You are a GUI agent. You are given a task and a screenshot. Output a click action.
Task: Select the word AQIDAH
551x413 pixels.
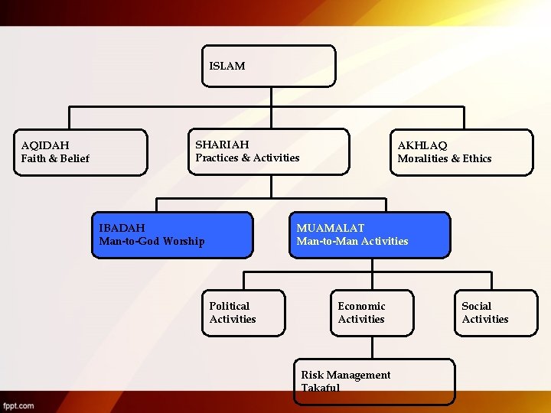(x=45, y=145)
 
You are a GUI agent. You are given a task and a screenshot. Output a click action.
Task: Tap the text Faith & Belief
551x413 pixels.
(x=55, y=158)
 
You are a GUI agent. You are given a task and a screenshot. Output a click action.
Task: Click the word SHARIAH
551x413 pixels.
(x=222, y=145)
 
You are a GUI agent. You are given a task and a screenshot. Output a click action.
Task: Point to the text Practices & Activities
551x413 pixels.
(x=247, y=158)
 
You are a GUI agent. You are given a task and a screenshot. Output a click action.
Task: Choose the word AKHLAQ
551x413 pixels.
(x=422, y=145)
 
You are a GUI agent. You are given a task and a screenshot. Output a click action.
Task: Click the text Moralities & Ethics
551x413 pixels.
(x=445, y=158)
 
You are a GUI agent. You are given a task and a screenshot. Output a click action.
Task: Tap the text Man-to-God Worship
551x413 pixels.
(x=152, y=242)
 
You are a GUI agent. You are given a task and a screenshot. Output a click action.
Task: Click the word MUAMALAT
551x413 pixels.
(x=331, y=228)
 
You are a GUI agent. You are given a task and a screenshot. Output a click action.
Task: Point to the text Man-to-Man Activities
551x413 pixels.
(x=352, y=242)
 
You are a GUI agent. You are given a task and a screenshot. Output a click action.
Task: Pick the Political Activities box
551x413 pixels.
(x=243, y=313)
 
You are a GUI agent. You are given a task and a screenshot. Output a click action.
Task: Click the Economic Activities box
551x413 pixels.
(x=372, y=313)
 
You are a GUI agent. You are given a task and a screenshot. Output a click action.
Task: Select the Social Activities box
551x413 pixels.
(x=496, y=313)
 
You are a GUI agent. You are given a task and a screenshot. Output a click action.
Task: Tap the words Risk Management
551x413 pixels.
(x=345, y=375)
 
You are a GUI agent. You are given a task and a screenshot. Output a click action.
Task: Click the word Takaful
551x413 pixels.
(x=321, y=388)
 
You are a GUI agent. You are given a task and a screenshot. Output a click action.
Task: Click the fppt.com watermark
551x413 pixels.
(x=18, y=405)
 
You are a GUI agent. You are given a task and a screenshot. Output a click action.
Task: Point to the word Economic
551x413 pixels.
(x=361, y=306)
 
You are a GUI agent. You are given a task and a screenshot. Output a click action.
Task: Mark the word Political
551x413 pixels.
(x=230, y=306)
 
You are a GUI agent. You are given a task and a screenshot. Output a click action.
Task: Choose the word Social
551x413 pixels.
(x=476, y=306)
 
